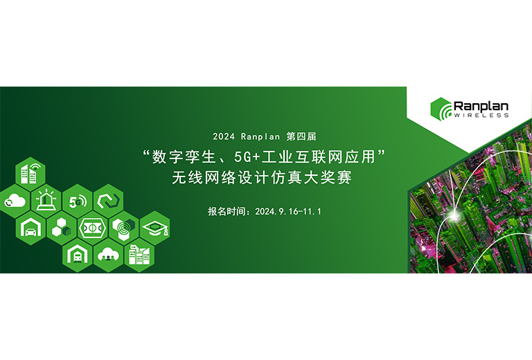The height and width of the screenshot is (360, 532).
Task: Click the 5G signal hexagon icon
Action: coord(78,201)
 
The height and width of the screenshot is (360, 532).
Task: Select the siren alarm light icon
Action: coord(46,201)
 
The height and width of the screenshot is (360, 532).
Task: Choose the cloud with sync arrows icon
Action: coord(15,201)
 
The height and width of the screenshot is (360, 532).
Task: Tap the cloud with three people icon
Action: coord(108,255)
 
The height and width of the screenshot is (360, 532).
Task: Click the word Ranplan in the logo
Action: coord(481,106)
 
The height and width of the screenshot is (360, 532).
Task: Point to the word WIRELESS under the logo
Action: coord(481,115)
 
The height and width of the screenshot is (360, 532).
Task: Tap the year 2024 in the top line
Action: coord(224,136)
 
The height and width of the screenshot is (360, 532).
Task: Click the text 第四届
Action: coord(301,136)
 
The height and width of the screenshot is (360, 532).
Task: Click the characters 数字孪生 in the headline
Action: coord(184,156)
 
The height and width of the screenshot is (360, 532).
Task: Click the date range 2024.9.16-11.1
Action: coord(288,212)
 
